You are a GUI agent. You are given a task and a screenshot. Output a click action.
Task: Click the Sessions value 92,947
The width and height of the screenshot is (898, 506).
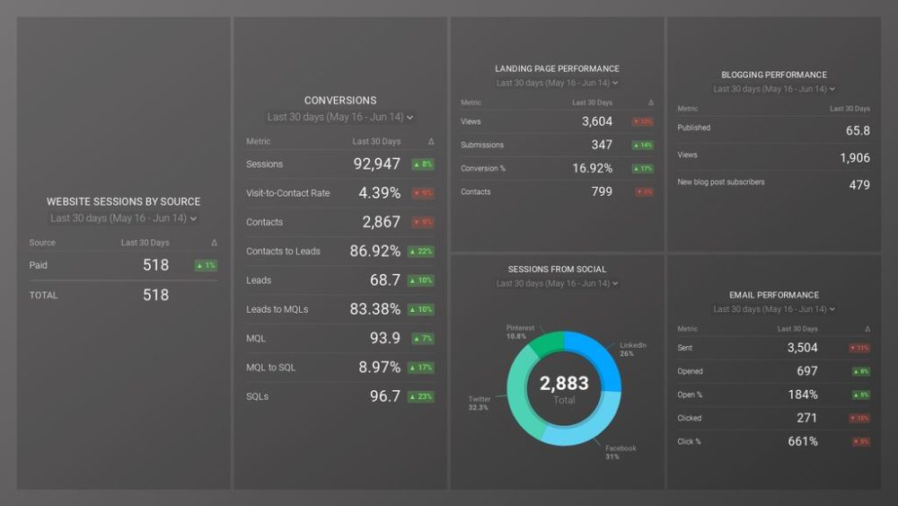(376, 164)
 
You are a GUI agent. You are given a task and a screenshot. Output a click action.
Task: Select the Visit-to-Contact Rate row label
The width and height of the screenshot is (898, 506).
(287, 193)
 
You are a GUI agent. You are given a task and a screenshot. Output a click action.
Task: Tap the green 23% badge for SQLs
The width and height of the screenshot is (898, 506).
(422, 396)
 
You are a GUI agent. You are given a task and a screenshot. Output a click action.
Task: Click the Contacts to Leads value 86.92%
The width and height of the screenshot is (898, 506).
(374, 252)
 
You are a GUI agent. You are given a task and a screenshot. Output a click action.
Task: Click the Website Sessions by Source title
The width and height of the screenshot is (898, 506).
(123, 202)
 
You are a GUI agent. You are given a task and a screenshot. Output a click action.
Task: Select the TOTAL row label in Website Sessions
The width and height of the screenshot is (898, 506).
(43, 295)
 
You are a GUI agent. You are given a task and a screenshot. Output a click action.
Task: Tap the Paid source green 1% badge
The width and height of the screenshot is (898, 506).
(206, 265)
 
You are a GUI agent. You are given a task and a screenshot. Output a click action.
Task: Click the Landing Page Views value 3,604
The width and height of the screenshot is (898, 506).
(596, 121)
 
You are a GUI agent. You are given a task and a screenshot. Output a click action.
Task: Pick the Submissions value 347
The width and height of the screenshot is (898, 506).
(602, 145)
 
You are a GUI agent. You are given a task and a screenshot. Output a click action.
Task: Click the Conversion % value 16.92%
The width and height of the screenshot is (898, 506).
(592, 168)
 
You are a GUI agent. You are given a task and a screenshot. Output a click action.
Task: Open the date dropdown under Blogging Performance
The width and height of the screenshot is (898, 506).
(774, 89)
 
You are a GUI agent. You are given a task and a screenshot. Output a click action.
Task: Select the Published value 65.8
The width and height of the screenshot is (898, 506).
(858, 130)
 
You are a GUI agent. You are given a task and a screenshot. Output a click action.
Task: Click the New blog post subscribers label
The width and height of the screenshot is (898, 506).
(721, 182)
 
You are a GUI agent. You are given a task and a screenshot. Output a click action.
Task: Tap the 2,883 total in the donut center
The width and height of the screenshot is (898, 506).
(564, 384)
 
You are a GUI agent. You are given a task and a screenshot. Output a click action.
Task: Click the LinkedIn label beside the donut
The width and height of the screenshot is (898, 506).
(632, 345)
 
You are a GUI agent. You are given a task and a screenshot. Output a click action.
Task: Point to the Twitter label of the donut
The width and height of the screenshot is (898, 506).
(480, 399)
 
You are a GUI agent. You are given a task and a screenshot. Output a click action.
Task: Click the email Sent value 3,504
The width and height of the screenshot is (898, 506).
(802, 348)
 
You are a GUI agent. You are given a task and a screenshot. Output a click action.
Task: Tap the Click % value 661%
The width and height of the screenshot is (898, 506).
(802, 441)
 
